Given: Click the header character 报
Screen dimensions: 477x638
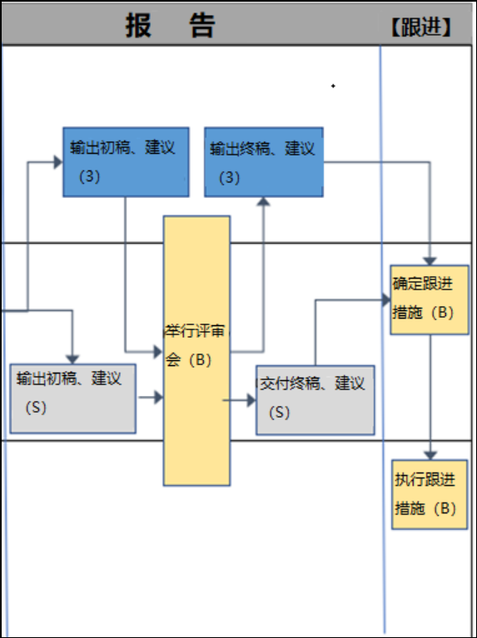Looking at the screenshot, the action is (x=138, y=25).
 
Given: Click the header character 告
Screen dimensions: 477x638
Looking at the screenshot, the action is (x=202, y=25).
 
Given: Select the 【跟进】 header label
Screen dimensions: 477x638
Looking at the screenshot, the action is (x=421, y=27).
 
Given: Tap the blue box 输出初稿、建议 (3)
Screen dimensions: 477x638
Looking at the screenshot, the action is (x=126, y=162).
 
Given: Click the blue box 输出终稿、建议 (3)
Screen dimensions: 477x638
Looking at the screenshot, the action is (x=264, y=162).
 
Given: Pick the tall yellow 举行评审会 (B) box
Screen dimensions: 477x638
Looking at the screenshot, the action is (x=196, y=351).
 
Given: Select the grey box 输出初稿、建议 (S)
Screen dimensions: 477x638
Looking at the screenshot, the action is (x=73, y=398).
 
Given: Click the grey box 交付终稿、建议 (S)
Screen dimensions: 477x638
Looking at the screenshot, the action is (x=316, y=400).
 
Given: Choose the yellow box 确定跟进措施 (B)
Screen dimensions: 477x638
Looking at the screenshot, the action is (x=430, y=300).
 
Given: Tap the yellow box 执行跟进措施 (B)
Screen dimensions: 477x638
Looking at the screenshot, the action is (x=430, y=494).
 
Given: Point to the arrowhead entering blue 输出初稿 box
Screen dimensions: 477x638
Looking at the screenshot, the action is (x=58, y=162).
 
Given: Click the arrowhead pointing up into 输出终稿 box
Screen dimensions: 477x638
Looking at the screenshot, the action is (x=264, y=201).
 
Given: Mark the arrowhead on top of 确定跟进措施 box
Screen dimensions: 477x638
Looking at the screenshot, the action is (x=430, y=261).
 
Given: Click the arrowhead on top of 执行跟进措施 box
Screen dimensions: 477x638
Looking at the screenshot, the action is (x=430, y=455).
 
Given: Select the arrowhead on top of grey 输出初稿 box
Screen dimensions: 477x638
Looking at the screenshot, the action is (x=72, y=359).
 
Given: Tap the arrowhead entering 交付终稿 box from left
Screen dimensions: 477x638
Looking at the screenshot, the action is (x=251, y=400).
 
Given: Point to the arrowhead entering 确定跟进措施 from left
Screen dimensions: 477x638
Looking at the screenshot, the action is (x=386, y=300).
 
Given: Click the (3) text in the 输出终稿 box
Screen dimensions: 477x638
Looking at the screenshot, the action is (x=229, y=177).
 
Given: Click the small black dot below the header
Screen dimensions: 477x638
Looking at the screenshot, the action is (x=333, y=86).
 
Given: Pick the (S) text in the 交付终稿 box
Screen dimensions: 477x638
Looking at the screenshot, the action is (x=279, y=413).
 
